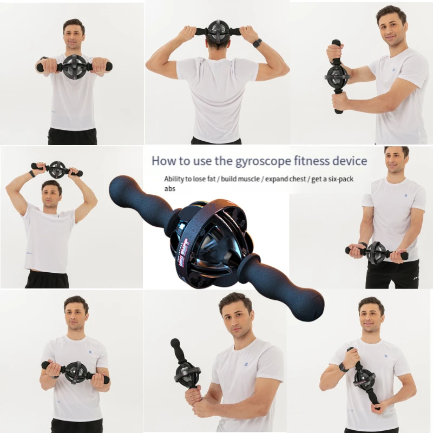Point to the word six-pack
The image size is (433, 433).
point(337,179)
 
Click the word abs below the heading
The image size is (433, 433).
point(170,189)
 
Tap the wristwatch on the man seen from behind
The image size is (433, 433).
point(257,43)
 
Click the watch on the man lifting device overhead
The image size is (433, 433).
point(32,174)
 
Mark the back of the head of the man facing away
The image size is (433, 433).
point(218,43)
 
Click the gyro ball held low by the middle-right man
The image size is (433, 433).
point(377,252)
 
